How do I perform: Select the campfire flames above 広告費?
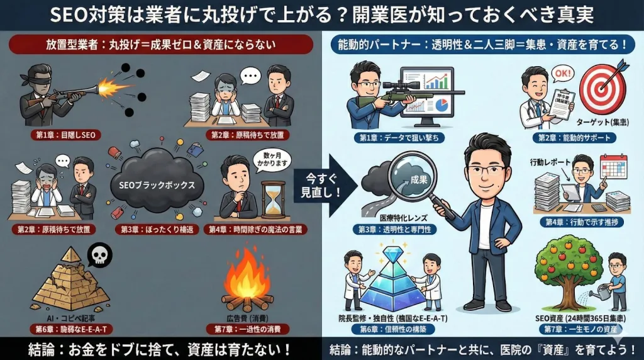tap(247, 278)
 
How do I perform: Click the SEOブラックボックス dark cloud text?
tap(161, 186)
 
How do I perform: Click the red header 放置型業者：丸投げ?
tap(161, 45)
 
